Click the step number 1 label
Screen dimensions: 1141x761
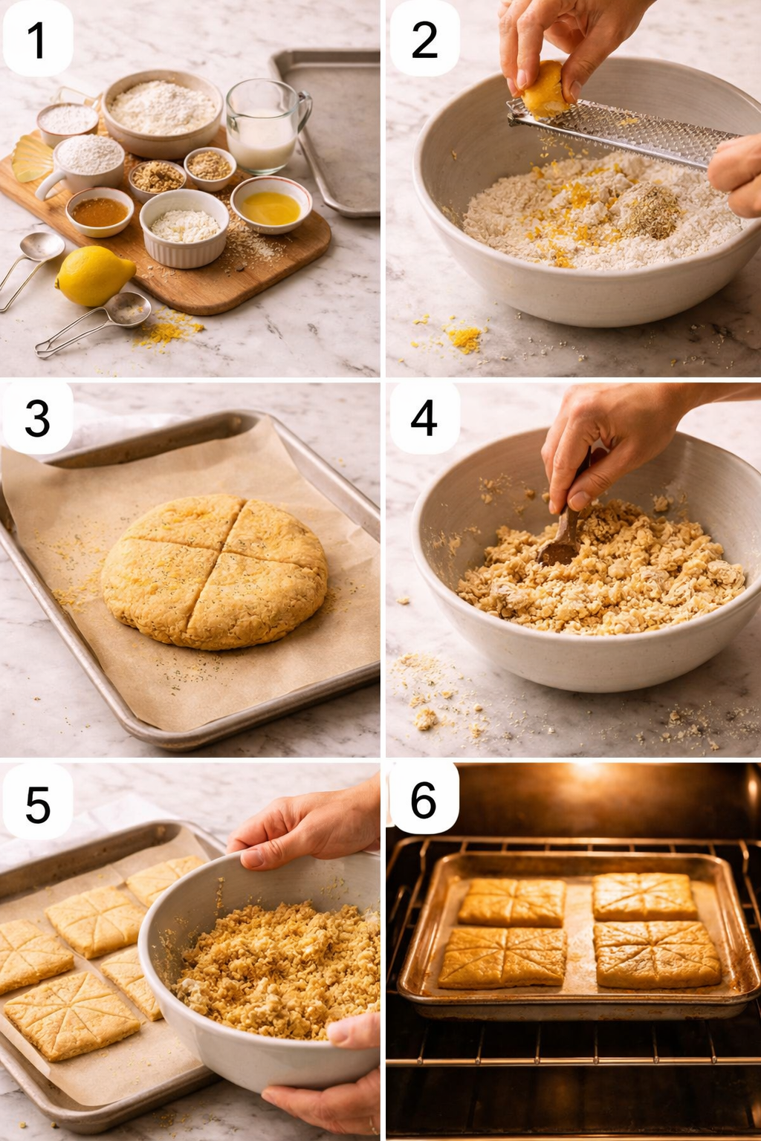click(37, 39)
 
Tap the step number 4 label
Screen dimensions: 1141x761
click(424, 418)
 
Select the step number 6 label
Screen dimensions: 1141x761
click(423, 800)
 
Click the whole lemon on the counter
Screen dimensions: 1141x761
click(94, 276)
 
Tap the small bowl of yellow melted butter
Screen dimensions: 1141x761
click(271, 206)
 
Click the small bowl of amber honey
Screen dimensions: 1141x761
click(100, 212)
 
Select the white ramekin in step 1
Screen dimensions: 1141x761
click(184, 227)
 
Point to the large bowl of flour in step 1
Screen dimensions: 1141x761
click(163, 111)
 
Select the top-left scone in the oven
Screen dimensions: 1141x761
click(513, 902)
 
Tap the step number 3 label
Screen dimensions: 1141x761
click(37, 418)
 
